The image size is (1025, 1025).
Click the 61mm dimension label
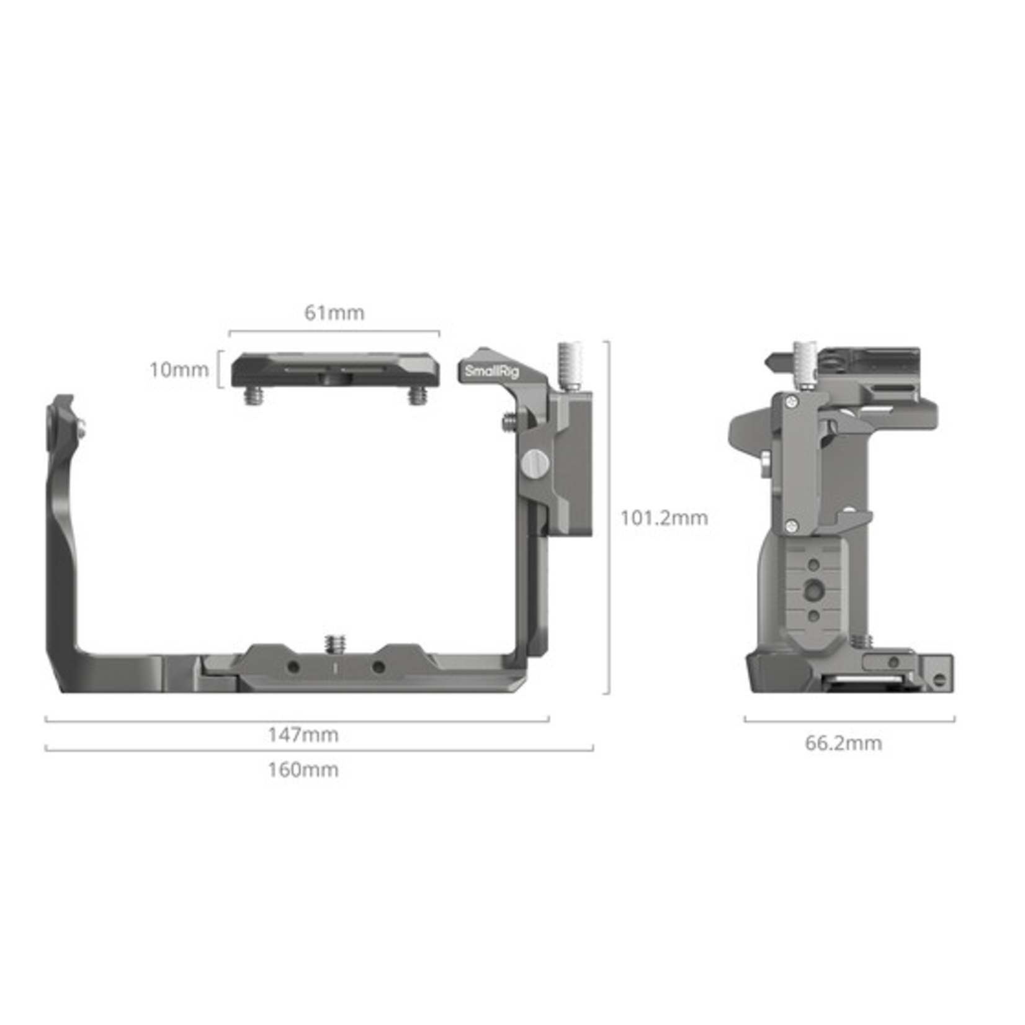click(334, 313)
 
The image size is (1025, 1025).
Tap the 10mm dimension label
click(179, 370)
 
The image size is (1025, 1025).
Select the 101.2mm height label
click(664, 517)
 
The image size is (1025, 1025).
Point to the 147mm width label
click(303, 735)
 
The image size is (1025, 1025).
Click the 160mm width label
click(303, 769)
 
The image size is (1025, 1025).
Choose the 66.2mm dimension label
click(843, 743)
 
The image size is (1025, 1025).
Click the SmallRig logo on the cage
click(491, 372)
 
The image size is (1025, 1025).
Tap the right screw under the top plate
click(418, 395)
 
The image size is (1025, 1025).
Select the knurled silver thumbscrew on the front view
click(569, 365)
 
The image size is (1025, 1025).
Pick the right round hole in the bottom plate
click(377, 668)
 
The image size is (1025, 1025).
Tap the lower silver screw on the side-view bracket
click(790, 527)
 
